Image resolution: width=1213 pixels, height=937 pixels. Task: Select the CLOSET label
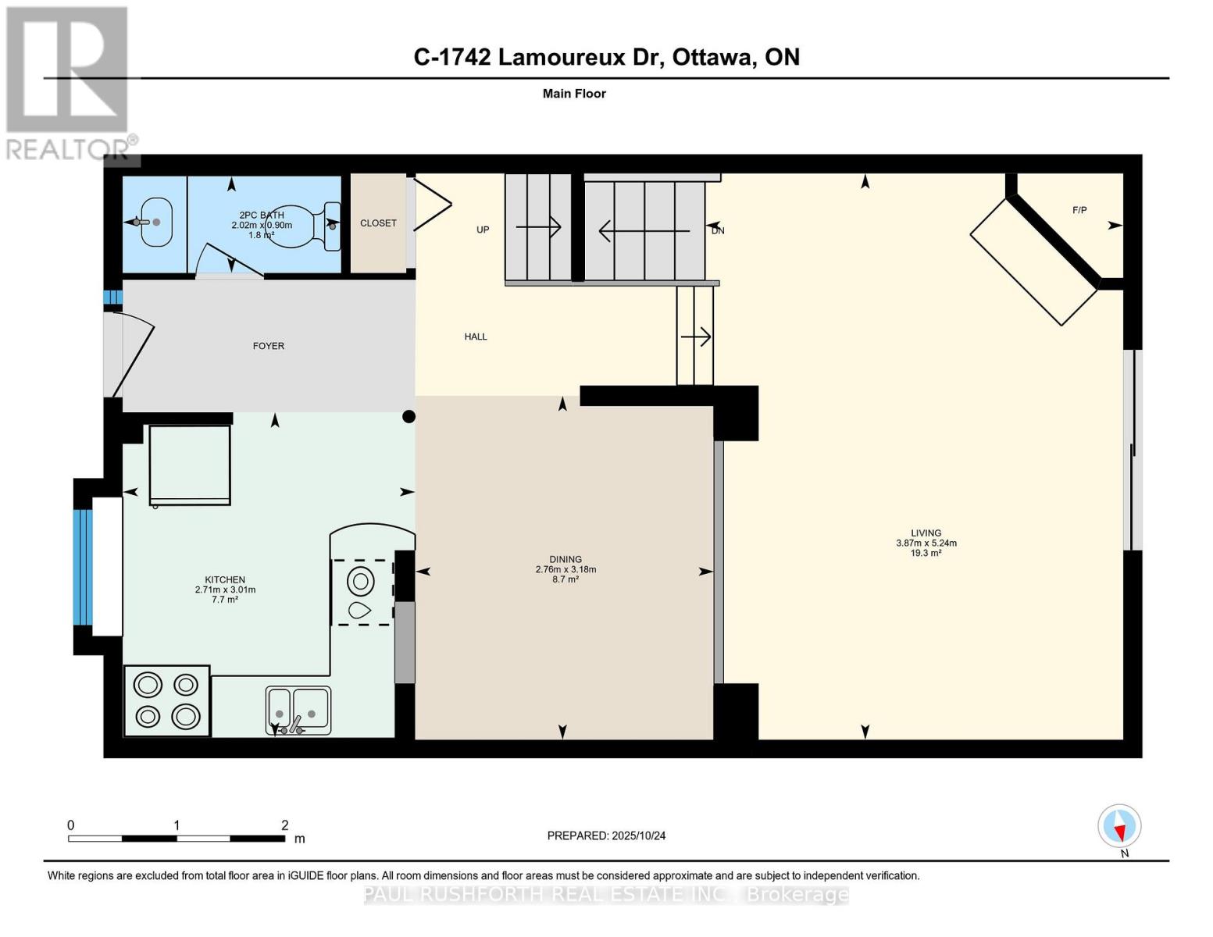point(378,223)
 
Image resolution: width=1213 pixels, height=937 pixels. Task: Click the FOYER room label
point(268,346)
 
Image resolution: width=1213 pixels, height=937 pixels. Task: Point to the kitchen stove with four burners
point(167,700)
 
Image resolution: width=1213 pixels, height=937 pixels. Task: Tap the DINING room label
point(565,559)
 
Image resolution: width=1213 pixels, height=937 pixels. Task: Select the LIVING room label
point(926,533)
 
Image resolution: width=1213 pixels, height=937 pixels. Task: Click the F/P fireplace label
point(1079,210)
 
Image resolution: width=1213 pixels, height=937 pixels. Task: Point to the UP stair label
point(483,230)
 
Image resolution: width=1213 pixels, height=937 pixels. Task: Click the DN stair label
point(718,230)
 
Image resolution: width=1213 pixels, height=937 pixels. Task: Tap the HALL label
point(476,337)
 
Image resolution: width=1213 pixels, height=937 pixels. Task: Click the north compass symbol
point(1119,826)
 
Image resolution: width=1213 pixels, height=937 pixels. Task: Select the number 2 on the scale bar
point(285,825)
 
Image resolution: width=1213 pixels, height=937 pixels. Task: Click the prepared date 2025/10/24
point(638,835)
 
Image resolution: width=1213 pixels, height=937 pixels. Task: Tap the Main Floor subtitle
point(574,94)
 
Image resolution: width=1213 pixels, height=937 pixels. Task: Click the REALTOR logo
point(68,82)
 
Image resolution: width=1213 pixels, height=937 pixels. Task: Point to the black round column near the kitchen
point(408,417)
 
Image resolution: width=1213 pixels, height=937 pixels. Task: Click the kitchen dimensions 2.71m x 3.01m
point(225,590)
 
